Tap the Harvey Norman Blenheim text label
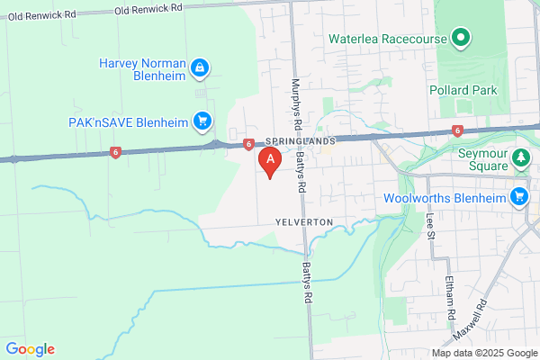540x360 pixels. click(x=144, y=69)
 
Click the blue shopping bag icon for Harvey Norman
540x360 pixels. click(x=202, y=67)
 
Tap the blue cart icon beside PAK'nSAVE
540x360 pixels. click(x=203, y=121)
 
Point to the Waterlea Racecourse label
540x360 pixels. click(x=388, y=39)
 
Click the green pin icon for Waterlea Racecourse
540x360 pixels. click(x=461, y=38)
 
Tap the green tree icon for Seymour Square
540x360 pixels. click(x=519, y=159)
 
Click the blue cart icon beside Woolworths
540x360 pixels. click(x=519, y=197)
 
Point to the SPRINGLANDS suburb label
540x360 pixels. click(x=301, y=142)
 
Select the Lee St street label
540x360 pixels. click(x=429, y=224)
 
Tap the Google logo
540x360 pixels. click(x=30, y=349)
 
